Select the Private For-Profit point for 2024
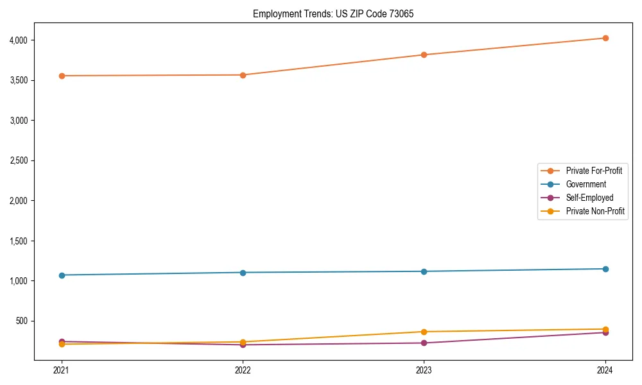pyautogui.click(x=605, y=38)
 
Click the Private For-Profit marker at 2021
pyautogui.click(x=62, y=76)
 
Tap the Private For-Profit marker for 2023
pyautogui.click(x=424, y=55)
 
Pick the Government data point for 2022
pyautogui.click(x=243, y=273)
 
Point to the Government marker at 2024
pyautogui.click(x=605, y=269)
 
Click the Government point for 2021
pyautogui.click(x=62, y=275)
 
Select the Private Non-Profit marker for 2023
pyautogui.click(x=424, y=332)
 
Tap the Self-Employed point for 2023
pyautogui.click(x=424, y=343)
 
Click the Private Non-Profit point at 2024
pyautogui.click(x=605, y=329)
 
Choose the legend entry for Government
pyautogui.click(x=586, y=184)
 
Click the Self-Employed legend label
pyautogui.click(x=589, y=198)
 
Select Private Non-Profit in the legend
pyautogui.click(x=595, y=211)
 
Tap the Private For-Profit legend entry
pyautogui.click(x=594, y=171)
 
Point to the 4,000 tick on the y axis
pyautogui.click(x=19, y=40)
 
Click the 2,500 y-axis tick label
pyautogui.click(x=19, y=160)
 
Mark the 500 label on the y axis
pyautogui.click(x=22, y=321)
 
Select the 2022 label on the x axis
pyautogui.click(x=243, y=370)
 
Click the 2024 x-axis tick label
pyautogui.click(x=605, y=370)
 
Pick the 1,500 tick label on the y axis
pyautogui.click(x=19, y=241)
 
